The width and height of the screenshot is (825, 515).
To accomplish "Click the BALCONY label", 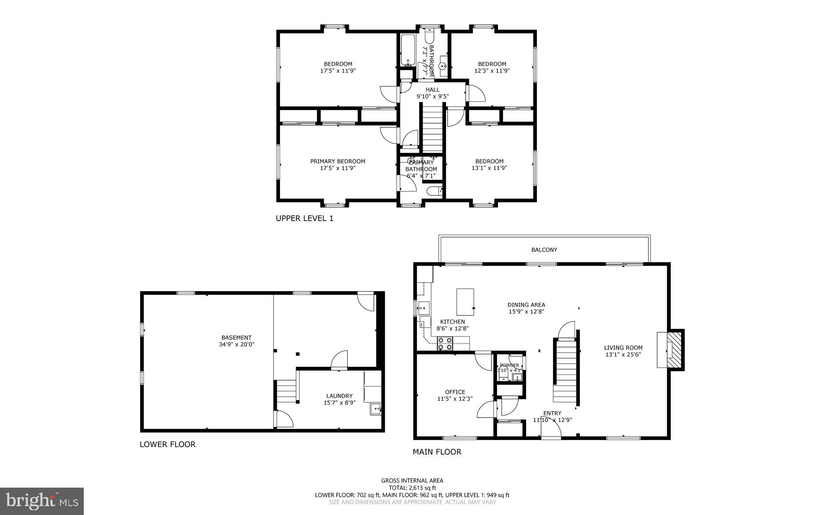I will pos(544,250).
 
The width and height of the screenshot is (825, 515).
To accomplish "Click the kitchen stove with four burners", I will pos(445,343).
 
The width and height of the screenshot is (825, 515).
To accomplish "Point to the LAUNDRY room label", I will pos(339,396).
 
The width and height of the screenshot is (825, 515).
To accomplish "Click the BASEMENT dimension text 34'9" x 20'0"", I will pos(236,344).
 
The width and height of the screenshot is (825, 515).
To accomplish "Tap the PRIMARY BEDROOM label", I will pos(338,161).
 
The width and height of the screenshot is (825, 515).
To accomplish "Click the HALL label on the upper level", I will pos(432,90).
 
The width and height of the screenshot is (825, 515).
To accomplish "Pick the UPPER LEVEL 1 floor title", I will pos(305,219).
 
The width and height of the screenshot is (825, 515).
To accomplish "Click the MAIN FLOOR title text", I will pos(437,452).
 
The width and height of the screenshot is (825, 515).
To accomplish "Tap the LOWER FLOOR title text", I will pos(167,445).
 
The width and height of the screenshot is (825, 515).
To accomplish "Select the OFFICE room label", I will pos(455,392).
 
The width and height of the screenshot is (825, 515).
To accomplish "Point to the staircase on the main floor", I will pos(566,370).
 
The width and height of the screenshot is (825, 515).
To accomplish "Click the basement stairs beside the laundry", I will pos(286,391).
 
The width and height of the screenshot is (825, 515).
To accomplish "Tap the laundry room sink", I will pos(375,409).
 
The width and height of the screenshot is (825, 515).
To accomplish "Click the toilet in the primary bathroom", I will pos(434,191).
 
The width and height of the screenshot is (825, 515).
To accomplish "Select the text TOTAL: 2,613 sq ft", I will pos(412,488).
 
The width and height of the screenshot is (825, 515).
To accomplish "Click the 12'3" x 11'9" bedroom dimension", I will pos(492,70).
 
